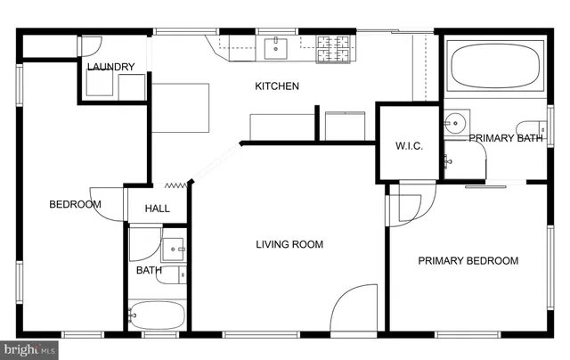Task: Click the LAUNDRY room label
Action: [111, 67]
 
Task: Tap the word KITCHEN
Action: [277, 86]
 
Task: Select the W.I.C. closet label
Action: [409, 146]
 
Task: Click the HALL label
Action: [158, 209]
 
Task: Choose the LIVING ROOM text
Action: [289, 244]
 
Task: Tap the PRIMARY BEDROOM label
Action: [468, 260]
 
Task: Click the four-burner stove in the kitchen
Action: [335, 47]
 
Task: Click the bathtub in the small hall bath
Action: [156, 315]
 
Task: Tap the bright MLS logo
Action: [29, 350]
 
